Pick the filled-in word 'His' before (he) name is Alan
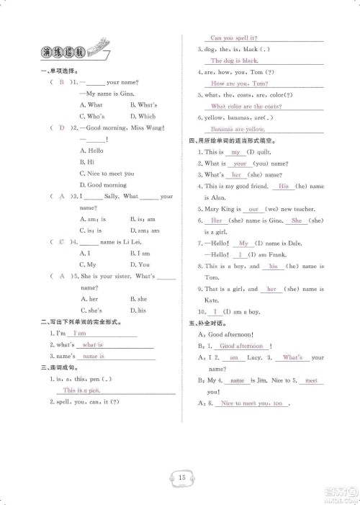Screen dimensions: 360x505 tap(283, 186)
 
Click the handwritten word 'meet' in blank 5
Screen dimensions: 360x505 tap(310, 380)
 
